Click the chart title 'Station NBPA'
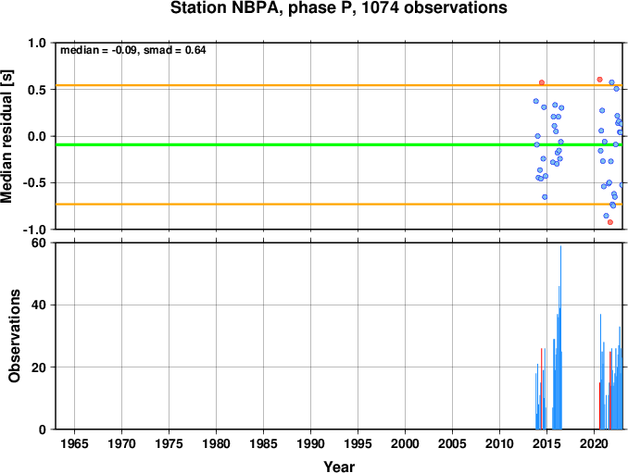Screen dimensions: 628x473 (223, 8)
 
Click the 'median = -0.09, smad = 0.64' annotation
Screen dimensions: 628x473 (133, 50)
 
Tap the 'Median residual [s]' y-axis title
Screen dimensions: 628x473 (6, 136)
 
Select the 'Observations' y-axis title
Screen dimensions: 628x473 (14, 336)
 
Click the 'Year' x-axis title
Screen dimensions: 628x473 (339, 467)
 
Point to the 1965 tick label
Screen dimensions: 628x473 (74, 443)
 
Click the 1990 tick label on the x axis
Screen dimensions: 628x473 (311, 443)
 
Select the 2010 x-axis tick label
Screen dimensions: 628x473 (499, 443)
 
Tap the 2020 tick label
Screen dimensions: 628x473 (594, 443)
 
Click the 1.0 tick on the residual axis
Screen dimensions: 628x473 (37, 43)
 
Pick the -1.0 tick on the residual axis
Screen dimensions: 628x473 (35, 230)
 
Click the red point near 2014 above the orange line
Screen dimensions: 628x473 (542, 82)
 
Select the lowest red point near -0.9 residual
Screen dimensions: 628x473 (610, 222)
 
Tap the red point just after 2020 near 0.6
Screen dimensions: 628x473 (599, 80)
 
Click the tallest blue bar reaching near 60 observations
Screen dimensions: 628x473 (560, 337)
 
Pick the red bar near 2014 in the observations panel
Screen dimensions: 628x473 (542, 389)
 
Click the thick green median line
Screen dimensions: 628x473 (339, 144)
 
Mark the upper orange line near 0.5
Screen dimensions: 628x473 (339, 85)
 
